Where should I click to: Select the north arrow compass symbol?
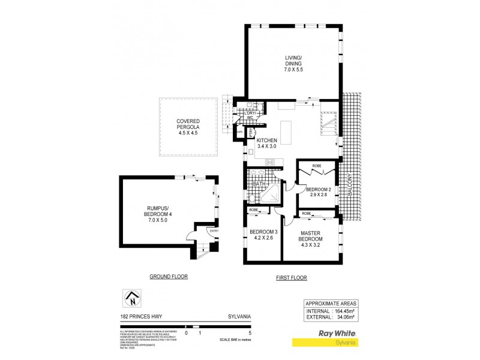click(131, 297)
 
